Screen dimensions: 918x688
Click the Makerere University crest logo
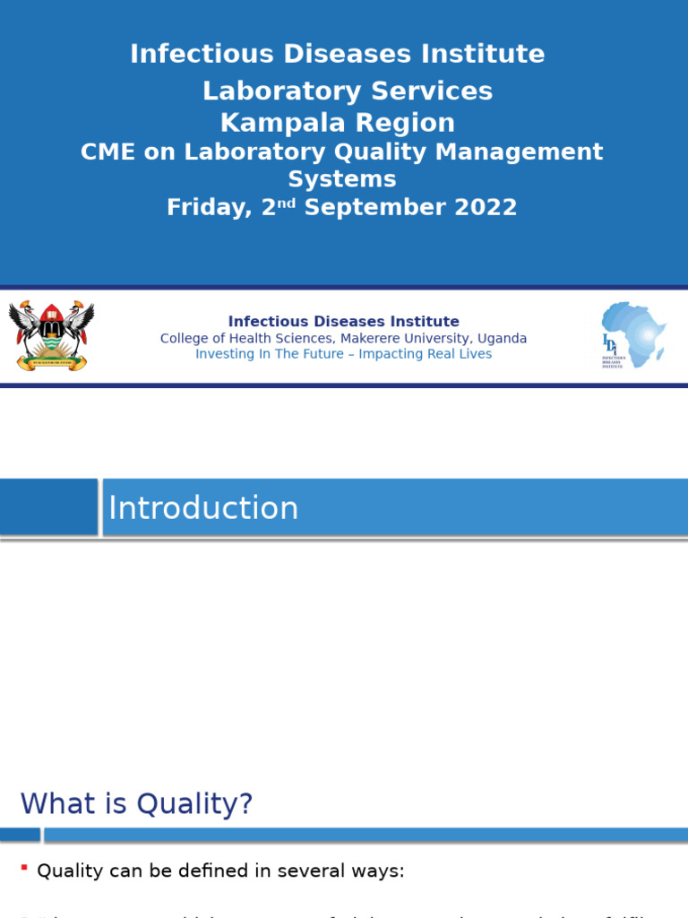coord(51,335)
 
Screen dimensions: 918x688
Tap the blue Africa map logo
coord(634,335)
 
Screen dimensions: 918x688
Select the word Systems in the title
coord(342,179)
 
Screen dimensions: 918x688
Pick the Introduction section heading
coord(203,508)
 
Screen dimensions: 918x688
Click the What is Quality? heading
coord(137,804)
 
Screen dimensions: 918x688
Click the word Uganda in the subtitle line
coord(502,339)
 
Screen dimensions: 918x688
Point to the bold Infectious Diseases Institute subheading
coord(343,322)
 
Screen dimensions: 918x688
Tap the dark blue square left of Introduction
coord(48,507)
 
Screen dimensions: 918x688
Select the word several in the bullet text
coord(313,870)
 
